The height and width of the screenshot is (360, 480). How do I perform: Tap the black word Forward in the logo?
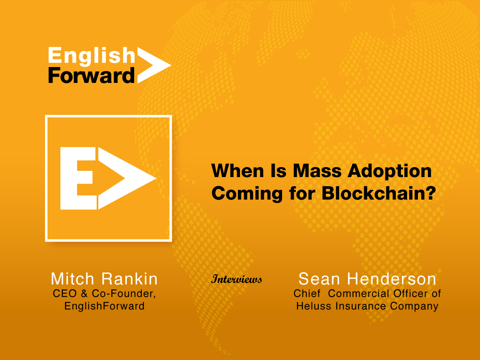pyautogui.click(x=91, y=75)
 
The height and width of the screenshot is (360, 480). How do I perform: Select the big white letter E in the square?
pyautogui.click(x=79, y=178)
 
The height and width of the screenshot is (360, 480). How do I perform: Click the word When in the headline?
pyautogui.click(x=237, y=171)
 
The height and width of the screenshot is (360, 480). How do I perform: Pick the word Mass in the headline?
pyautogui.click(x=317, y=171)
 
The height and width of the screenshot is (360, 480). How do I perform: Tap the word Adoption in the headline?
pyautogui.click(x=390, y=171)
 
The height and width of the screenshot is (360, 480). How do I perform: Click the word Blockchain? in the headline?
pyautogui.click(x=379, y=193)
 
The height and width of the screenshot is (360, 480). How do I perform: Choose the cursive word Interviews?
pyautogui.click(x=237, y=279)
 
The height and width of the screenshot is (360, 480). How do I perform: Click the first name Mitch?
pyautogui.click(x=72, y=279)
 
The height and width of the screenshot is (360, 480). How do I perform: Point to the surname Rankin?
pyautogui.click(x=130, y=279)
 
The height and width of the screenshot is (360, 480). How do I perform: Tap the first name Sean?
pyautogui.click(x=319, y=279)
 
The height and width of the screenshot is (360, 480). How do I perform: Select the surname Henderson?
pyautogui.click(x=392, y=279)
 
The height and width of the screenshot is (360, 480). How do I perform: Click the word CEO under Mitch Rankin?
pyautogui.click(x=65, y=294)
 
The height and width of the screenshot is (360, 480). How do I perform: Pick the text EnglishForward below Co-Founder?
pyautogui.click(x=105, y=306)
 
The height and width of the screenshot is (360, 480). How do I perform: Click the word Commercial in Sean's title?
pyautogui.click(x=358, y=294)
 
